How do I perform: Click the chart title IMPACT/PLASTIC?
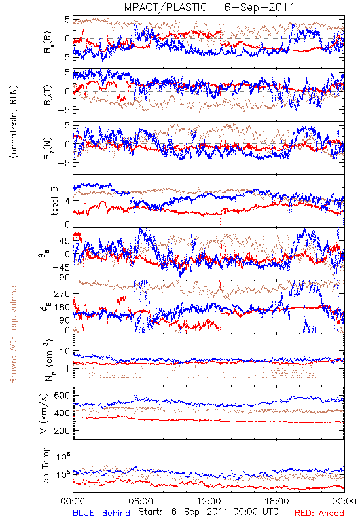(164, 7)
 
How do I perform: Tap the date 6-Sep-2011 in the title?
(259, 7)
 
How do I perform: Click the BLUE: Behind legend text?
(101, 513)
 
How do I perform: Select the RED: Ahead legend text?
(319, 513)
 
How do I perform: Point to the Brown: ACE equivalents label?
(13, 333)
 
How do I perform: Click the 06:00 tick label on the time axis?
(141, 501)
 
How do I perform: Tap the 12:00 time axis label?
(209, 501)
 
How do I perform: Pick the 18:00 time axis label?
(277, 501)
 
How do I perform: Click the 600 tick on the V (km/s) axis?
(62, 396)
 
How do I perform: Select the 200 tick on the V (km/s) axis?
(62, 430)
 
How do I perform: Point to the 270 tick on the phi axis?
(62, 293)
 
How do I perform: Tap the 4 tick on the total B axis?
(68, 201)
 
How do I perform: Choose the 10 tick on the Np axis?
(65, 351)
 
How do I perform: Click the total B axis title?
(54, 201)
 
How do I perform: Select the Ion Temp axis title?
(45, 466)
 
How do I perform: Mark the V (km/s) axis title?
(45, 413)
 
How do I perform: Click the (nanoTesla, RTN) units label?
(14, 122)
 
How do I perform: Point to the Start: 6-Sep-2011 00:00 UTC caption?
(208, 512)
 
